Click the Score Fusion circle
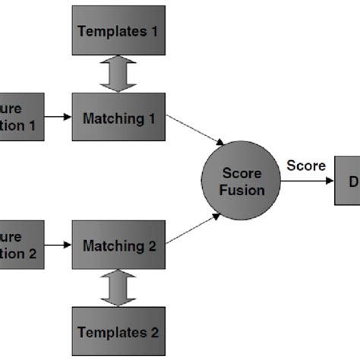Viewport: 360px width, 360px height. point(241,179)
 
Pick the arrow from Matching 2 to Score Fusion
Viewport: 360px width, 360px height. point(194,229)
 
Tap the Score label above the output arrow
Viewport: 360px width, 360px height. point(306,166)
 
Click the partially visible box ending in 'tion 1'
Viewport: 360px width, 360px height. point(21,117)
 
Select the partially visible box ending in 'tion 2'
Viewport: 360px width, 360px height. point(21,245)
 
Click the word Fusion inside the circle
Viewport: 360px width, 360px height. point(241,190)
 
